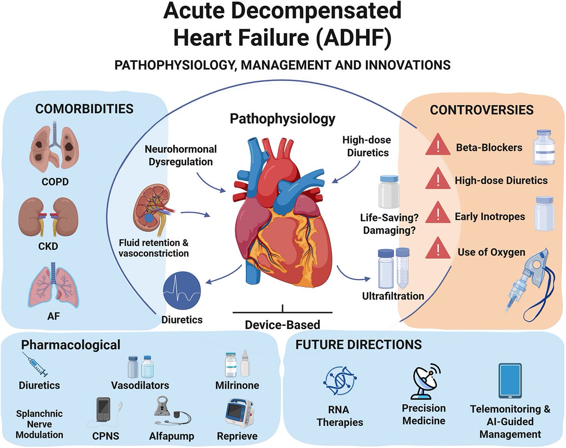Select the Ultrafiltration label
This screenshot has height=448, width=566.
tap(392, 297)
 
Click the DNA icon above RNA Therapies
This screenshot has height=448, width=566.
tap(339, 381)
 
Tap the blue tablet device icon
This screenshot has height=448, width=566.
tap(509, 381)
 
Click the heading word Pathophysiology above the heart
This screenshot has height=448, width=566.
tap(282, 118)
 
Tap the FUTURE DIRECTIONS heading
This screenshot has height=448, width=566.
tap(358, 344)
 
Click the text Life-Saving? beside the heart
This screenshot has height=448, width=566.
tap(390, 217)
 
